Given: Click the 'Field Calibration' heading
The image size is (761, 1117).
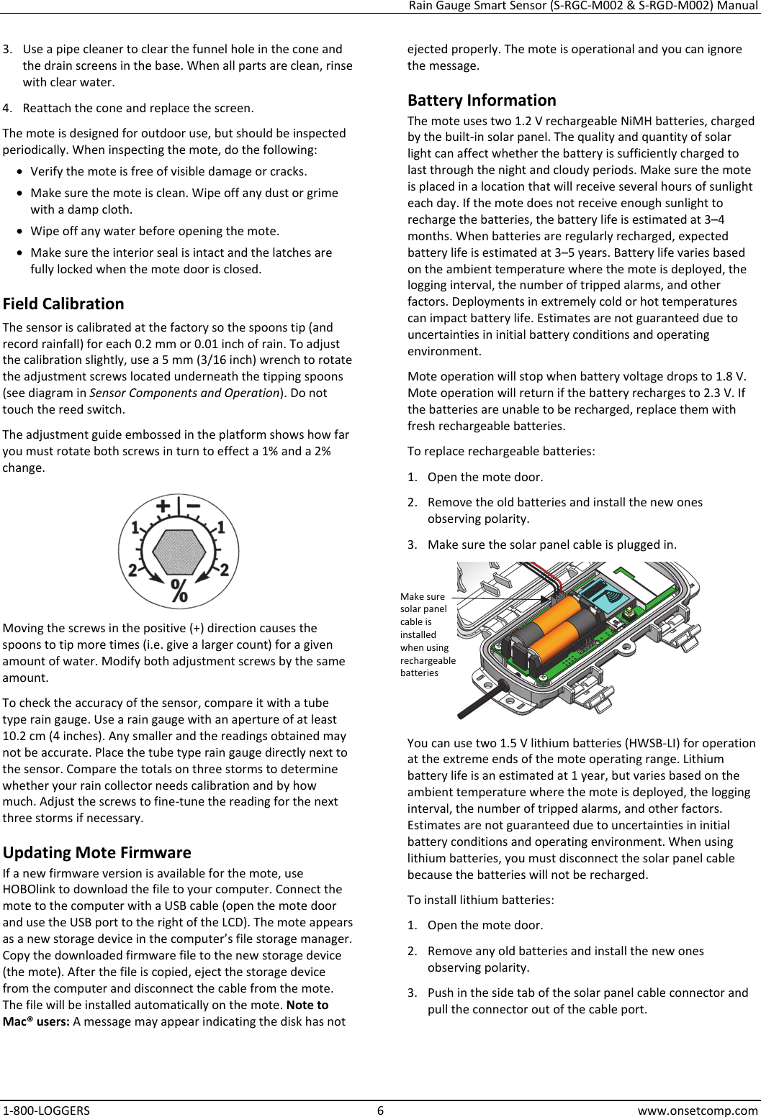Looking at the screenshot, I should (63, 304).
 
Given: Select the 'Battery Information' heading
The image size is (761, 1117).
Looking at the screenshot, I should (482, 100).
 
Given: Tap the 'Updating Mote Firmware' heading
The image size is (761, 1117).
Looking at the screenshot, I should (96, 852).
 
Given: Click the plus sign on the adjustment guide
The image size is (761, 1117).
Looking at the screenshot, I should (163, 506).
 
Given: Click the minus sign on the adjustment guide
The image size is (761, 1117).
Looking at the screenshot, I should (194, 506).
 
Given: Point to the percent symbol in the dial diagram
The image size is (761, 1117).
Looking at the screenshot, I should (179, 591).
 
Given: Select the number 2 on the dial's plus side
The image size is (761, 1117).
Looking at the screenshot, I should (132, 570).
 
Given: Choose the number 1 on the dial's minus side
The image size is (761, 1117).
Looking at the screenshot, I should (221, 528).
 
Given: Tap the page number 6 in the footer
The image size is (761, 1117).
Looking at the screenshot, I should (381, 1110).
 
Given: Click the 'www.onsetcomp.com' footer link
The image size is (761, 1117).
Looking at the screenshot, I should (698, 1110).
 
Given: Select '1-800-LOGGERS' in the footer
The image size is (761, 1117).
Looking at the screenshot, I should (46, 1110).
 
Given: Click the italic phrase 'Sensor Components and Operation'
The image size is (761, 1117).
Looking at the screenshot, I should (184, 393).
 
